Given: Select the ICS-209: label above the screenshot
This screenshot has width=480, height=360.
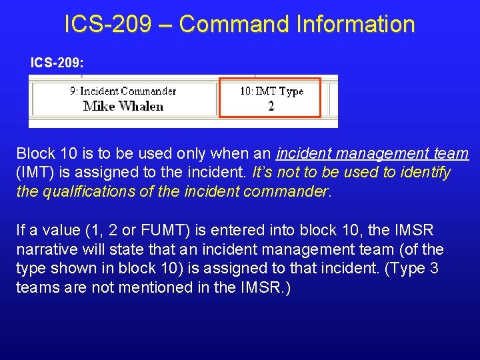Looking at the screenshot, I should tap(57, 63).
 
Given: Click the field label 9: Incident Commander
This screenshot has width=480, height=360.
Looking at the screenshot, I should tap(123, 91).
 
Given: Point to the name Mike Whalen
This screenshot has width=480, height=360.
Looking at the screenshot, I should tap(123, 106).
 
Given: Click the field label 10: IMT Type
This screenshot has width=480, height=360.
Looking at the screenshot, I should tap(271, 91).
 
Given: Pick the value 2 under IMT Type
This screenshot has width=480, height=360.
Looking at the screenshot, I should tap(271, 106).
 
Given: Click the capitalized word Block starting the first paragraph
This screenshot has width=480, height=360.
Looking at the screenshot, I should tap(35, 154).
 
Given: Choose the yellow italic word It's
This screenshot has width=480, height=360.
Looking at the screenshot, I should tap(264, 173).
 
